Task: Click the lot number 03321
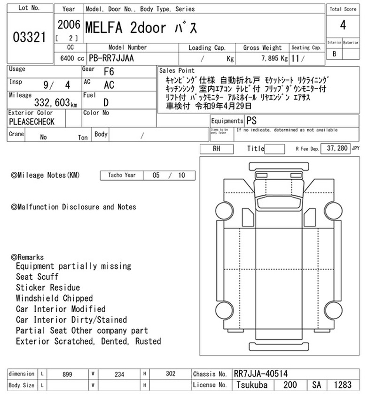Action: point(29,37)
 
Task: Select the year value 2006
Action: point(69,25)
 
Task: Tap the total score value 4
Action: point(343,25)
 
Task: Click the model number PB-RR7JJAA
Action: point(111,58)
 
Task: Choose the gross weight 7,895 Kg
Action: point(274,59)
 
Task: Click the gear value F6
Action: point(109,72)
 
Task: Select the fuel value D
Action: point(106,102)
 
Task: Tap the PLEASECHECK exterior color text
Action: point(31,122)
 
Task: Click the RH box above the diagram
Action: point(217,149)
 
